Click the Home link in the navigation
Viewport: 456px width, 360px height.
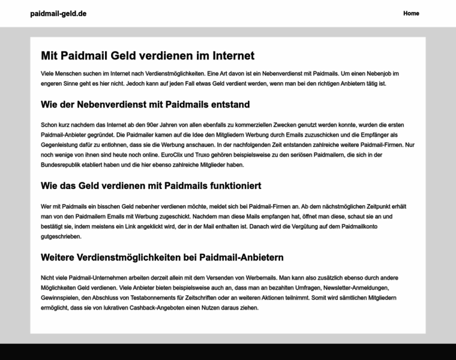(x=411, y=13)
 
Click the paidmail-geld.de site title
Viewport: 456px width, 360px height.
(x=58, y=13)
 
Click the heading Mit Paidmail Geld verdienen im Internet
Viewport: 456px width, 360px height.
(x=148, y=56)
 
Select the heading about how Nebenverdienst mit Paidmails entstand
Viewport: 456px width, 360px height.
(x=145, y=104)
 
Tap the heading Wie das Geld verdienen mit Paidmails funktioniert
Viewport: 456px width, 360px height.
(x=151, y=185)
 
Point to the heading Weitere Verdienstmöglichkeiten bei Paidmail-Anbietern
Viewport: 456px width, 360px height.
(x=162, y=257)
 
